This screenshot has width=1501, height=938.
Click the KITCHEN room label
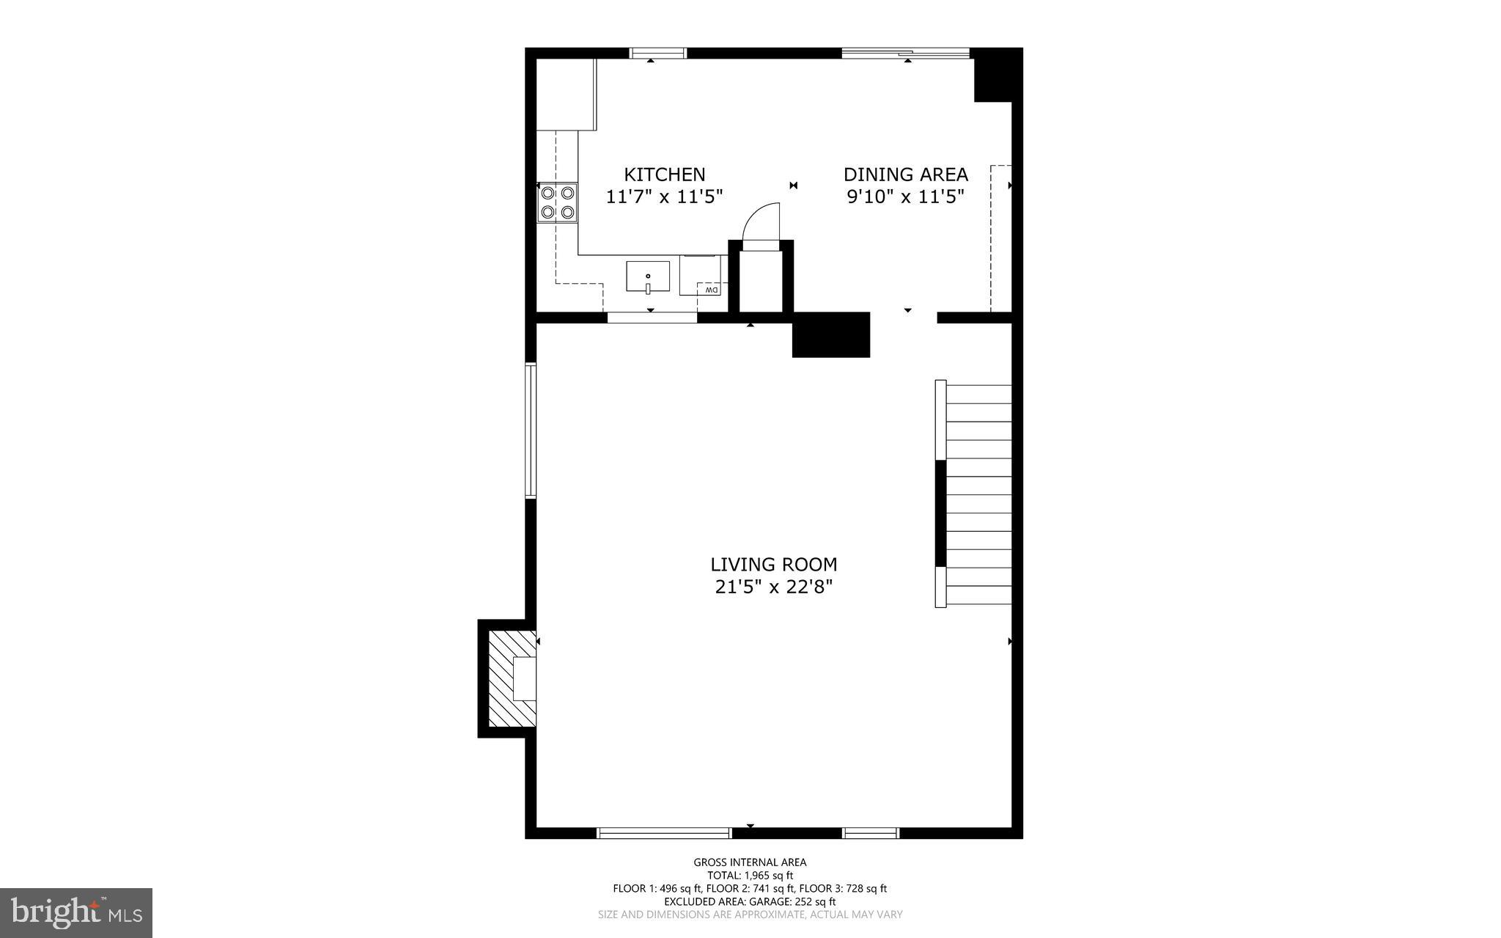[664, 175]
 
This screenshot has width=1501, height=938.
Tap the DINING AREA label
[905, 175]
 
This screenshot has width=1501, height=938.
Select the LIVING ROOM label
[773, 565]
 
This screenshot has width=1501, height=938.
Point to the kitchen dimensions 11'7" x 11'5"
[664, 197]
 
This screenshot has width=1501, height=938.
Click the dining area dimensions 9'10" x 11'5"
[905, 197]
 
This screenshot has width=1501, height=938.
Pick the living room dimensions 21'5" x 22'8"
[773, 587]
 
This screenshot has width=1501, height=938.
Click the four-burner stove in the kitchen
[557, 203]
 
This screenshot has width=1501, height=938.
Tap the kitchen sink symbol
[648, 276]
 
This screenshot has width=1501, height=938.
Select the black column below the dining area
[830, 335]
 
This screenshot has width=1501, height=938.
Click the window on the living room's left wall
[530, 430]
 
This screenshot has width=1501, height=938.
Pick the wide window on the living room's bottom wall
[664, 832]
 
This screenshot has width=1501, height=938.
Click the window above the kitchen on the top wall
[658, 53]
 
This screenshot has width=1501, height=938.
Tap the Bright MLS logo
[76, 912]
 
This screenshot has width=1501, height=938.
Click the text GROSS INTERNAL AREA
[750, 862]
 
